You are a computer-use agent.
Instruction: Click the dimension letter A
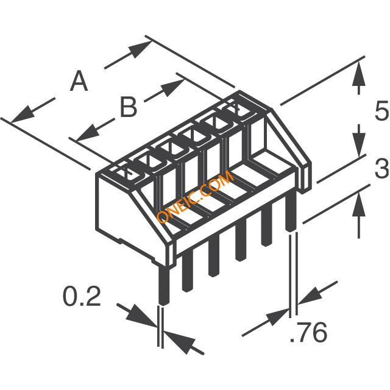coord(79,81)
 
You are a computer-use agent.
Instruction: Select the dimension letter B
coord(128,108)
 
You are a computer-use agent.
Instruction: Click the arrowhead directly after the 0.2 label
coord(146,318)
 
